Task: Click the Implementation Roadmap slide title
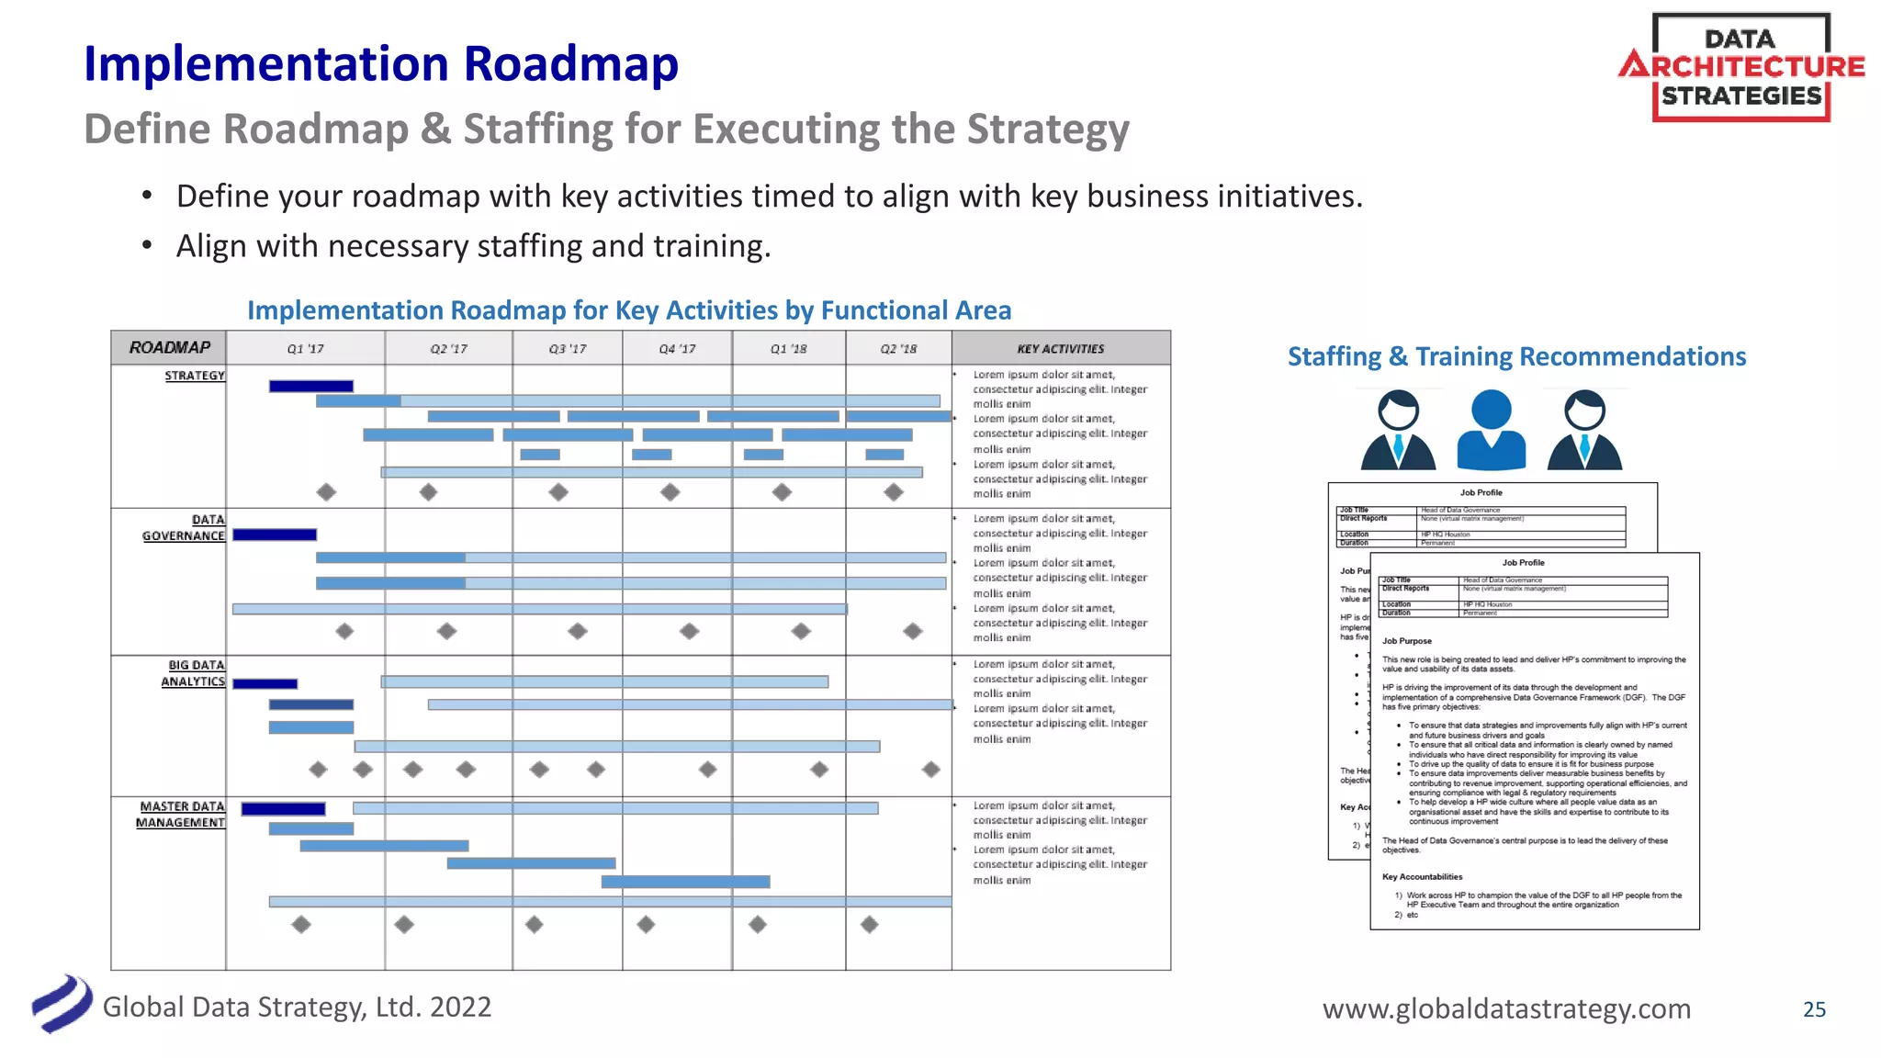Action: pos(380,64)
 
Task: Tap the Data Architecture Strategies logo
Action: pos(1740,68)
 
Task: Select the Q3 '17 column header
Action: pos(567,349)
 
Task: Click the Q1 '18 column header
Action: pos(788,349)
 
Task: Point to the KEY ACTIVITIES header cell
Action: pos(1060,349)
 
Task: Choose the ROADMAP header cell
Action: pos(169,348)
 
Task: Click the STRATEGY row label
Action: pos(194,376)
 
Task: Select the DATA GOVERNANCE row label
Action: pos(184,528)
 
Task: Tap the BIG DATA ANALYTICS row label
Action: pos(193,673)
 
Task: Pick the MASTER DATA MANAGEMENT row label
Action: pos(181,815)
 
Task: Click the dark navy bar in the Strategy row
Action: pos(310,387)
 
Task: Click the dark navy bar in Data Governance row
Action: pos(275,535)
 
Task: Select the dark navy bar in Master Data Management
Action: pos(283,809)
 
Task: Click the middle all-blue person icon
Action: pos(1491,430)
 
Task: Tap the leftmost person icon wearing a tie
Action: pos(1398,430)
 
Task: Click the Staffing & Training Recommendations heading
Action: pos(1516,356)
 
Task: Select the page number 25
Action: pos(1814,1009)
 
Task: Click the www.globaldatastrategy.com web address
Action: pos(1506,1009)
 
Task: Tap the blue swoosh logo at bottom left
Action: pos(62,1004)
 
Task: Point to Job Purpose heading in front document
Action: pos(1406,641)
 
